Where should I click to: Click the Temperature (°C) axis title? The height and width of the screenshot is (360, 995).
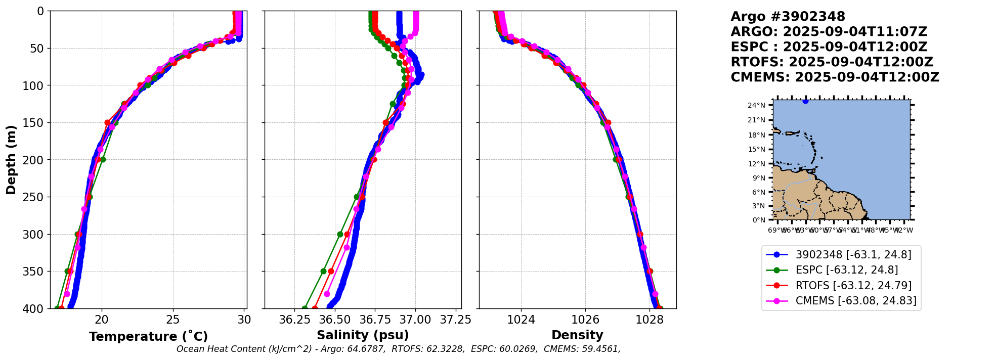coord(148,337)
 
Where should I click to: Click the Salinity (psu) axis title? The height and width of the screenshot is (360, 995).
coord(363,335)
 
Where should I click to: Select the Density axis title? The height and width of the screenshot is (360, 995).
coord(577,335)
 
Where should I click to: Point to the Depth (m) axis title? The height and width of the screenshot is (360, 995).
coord(11,159)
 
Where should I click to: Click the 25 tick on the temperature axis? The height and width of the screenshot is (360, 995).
coord(173,320)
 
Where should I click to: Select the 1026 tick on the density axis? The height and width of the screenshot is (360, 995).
coord(585,320)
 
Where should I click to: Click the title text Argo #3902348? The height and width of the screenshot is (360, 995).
coord(788,17)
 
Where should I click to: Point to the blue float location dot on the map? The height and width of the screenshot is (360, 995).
coord(805,101)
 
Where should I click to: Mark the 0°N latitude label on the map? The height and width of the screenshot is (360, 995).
coord(759,220)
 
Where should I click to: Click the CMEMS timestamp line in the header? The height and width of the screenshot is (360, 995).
coord(835,77)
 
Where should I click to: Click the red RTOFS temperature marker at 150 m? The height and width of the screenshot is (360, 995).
coord(107,122)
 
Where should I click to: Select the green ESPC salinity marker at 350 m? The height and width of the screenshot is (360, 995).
coord(323,272)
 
